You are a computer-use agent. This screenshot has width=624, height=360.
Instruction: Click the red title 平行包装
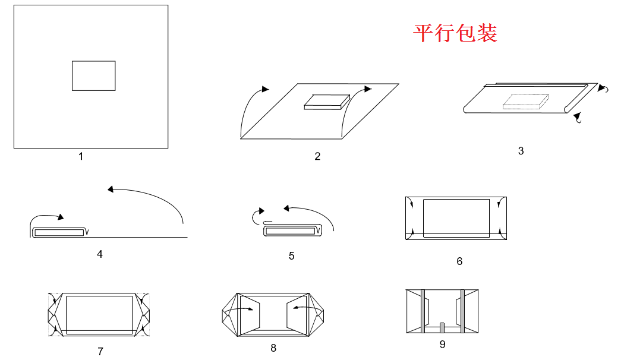click(455, 33)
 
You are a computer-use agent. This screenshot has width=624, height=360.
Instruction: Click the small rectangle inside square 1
click(93, 75)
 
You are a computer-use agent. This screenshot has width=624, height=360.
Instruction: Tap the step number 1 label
click(81, 156)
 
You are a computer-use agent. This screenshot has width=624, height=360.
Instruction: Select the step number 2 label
click(317, 156)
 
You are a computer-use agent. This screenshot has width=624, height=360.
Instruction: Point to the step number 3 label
click(521, 151)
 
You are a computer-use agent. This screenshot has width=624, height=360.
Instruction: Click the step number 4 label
click(100, 254)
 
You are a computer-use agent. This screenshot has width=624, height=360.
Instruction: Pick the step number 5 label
click(291, 255)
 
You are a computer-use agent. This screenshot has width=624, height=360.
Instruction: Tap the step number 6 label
click(459, 261)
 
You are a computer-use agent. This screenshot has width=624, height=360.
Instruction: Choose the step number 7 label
click(100, 351)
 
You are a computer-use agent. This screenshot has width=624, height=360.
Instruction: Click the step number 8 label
click(273, 348)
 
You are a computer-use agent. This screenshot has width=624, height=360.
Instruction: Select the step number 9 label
click(442, 344)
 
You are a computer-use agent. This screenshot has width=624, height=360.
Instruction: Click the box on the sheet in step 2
click(326, 102)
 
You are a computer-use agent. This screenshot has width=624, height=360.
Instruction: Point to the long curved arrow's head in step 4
click(111, 189)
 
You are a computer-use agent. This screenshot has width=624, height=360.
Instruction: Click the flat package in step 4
click(58, 232)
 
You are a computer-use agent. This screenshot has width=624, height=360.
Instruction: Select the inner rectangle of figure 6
click(456, 218)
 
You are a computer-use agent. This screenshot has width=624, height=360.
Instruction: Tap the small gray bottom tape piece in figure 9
click(442, 327)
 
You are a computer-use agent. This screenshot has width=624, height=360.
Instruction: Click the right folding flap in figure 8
click(300, 315)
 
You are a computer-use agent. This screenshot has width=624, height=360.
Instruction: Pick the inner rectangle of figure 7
click(99, 313)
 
